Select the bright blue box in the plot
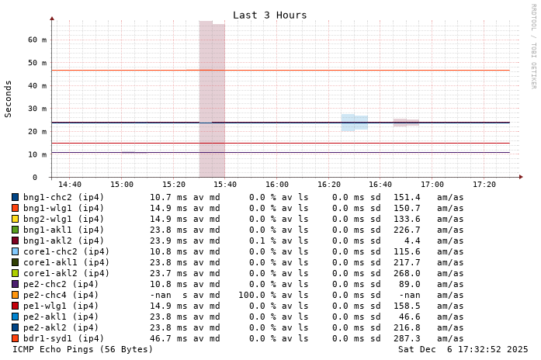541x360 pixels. coord(354,123)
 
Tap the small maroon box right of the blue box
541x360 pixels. coord(405,123)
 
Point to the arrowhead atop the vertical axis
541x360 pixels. coord(52,18)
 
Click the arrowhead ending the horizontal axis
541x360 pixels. coord(521,177)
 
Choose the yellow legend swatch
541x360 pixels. coord(15,219)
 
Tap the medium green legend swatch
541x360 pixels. coord(15,230)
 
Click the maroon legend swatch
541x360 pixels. coord(15,241)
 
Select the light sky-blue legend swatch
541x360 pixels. coord(15,251)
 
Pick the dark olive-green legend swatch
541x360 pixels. coord(15,262)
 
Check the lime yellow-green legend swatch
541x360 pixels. coord(15,273)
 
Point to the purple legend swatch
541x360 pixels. coord(15,284)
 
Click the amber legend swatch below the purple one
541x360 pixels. coord(15,295)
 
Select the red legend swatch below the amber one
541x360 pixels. coord(15,306)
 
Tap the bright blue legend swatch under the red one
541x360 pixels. coord(15,317)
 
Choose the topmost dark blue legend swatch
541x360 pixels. coord(15,197)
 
